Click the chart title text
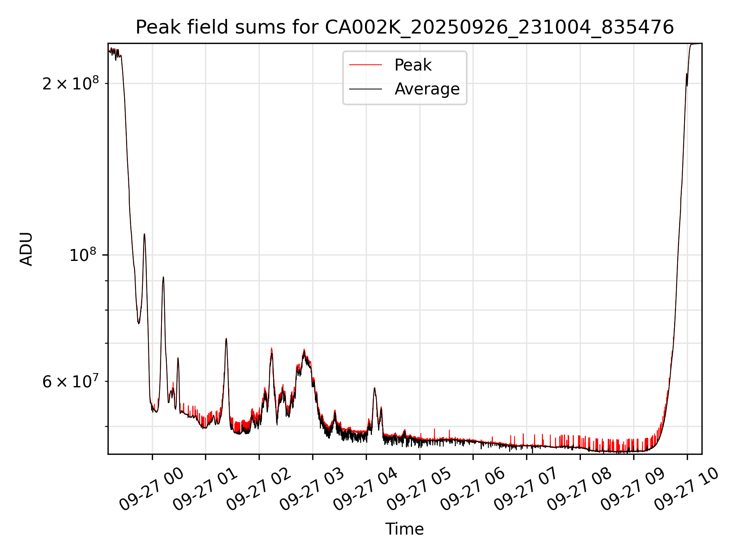pos(405,27)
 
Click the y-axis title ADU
pos(26,249)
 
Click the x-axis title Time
pos(404,529)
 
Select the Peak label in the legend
pos(413,65)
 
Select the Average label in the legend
pos(427,89)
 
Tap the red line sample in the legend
pos(365,65)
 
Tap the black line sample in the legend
pos(365,89)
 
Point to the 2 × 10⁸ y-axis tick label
pos(71,83)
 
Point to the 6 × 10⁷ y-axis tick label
pos(71,382)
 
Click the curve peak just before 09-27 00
pos(144,234)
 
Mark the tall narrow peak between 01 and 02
pos(226,339)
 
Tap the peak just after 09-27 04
pos(374,388)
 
